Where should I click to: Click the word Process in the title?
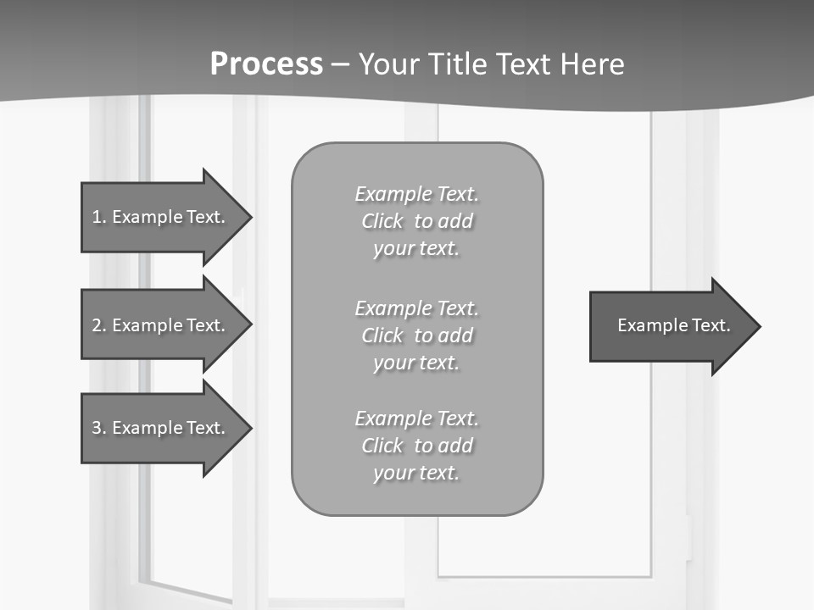coord(266,64)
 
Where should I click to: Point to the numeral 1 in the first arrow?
coord(97,217)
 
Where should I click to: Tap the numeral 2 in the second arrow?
coord(97,325)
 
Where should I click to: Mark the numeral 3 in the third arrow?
coord(97,428)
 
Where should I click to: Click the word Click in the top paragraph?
coord(382,221)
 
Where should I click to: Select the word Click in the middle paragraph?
coord(382,335)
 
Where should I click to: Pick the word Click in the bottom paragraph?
coord(382,446)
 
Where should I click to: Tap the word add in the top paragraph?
coord(455,221)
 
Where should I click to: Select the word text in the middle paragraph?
coord(440,363)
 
